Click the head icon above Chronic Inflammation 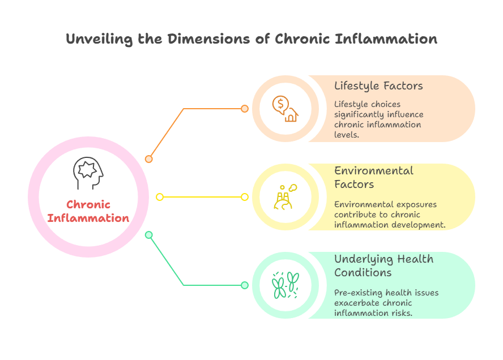pyautogui.click(x=88, y=173)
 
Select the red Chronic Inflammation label pyautogui.click(x=88, y=211)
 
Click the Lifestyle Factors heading pyautogui.click(x=378, y=86)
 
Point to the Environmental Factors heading pyautogui.click(x=374, y=177)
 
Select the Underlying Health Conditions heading pyautogui.click(x=383, y=265)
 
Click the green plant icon pyautogui.click(x=285, y=285)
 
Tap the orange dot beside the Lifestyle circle pyautogui.click(x=244, y=109)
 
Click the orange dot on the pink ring pyautogui.click(x=149, y=159)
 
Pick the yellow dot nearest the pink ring pyautogui.click(x=160, y=197)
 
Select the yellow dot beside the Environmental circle pyautogui.click(x=245, y=197)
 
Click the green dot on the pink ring pyautogui.click(x=149, y=235)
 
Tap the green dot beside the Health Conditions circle pyautogui.click(x=244, y=285)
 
